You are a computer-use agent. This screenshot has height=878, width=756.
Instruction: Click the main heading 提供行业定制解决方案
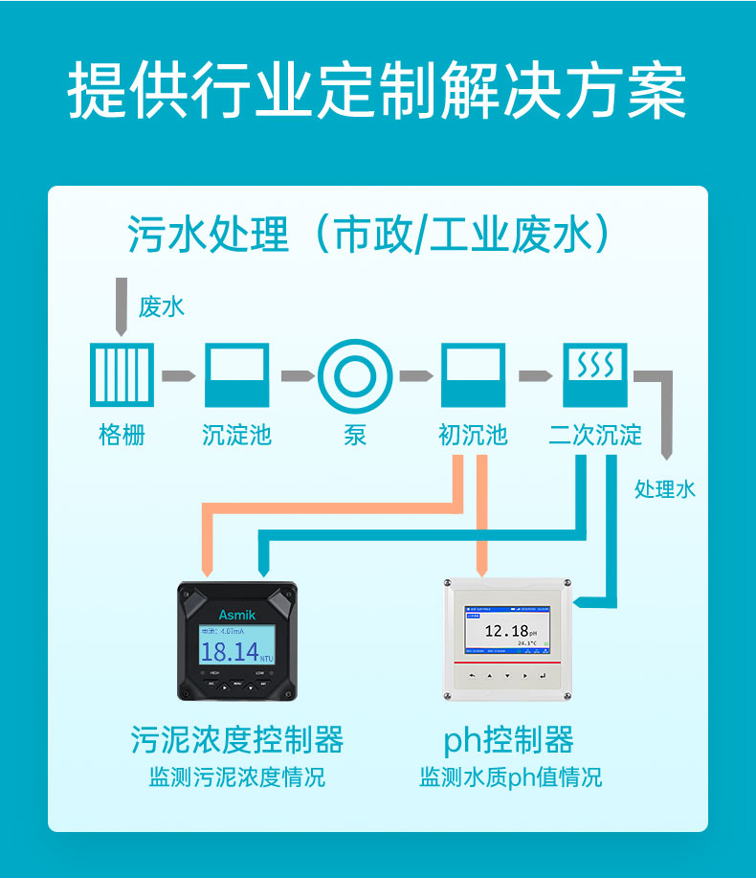(x=377, y=93)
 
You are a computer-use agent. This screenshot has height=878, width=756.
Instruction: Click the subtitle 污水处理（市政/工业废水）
(x=369, y=235)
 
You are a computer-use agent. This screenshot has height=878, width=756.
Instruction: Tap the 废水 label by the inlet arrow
(x=161, y=306)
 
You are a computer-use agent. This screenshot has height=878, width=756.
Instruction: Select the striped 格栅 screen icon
(x=122, y=375)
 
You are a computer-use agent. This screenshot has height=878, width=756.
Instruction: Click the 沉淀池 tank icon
(x=236, y=375)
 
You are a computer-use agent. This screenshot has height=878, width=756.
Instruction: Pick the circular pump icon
(x=355, y=375)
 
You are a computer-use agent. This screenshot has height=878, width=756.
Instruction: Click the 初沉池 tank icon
(x=472, y=375)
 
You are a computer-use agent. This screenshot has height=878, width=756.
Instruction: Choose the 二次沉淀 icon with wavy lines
(x=594, y=375)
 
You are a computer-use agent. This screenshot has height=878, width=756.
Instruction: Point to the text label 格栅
(x=122, y=435)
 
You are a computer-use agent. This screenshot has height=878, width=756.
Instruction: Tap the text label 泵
(x=355, y=435)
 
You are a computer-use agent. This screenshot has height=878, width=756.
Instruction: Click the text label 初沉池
(x=472, y=435)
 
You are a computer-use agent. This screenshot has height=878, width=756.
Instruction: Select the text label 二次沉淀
(x=594, y=435)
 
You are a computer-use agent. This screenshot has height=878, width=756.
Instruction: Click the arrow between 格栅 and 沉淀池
(x=179, y=375)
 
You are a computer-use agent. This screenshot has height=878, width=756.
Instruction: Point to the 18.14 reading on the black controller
(x=230, y=652)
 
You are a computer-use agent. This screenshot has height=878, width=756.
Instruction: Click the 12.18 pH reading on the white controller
(x=506, y=630)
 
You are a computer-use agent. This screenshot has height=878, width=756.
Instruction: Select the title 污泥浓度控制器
(x=236, y=739)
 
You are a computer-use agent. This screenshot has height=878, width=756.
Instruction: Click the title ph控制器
(x=508, y=739)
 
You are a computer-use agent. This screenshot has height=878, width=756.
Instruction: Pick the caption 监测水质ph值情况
(x=510, y=777)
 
